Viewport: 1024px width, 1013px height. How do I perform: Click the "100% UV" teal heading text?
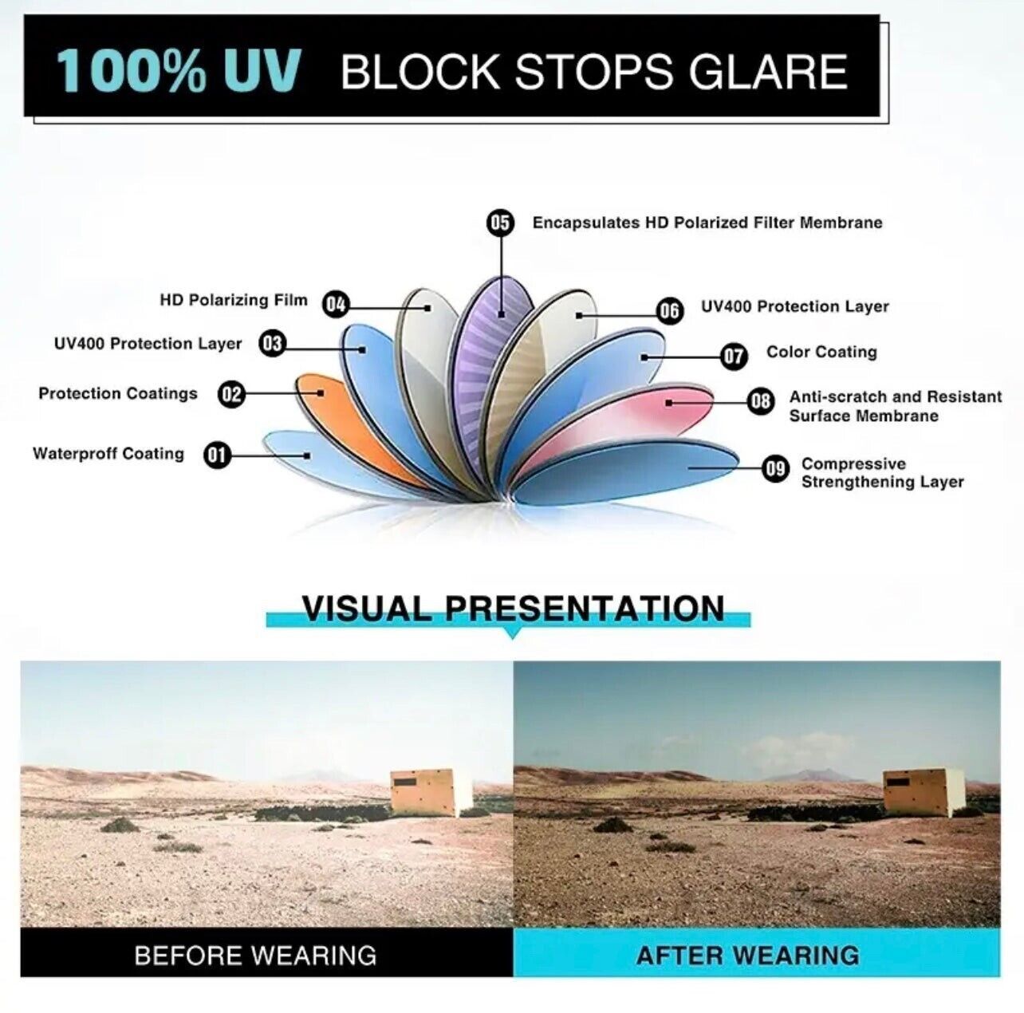tap(179, 71)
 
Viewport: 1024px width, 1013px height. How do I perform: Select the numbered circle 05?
tap(500, 223)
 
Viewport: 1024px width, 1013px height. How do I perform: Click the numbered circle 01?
tap(218, 455)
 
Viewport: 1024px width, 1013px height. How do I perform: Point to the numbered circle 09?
tap(775, 468)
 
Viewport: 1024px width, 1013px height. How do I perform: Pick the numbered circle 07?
tap(734, 356)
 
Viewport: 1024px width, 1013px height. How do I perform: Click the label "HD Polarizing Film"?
tap(234, 300)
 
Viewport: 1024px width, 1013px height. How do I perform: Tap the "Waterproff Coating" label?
tap(108, 454)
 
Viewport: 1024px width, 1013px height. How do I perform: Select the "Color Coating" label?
tap(821, 352)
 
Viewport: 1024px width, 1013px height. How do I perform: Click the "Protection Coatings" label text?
tap(118, 394)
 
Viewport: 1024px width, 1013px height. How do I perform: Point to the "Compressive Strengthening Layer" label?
tap(882, 472)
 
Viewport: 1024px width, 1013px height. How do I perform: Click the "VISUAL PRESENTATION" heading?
tap(514, 609)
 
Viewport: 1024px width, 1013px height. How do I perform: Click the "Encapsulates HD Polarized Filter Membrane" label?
tap(707, 223)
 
